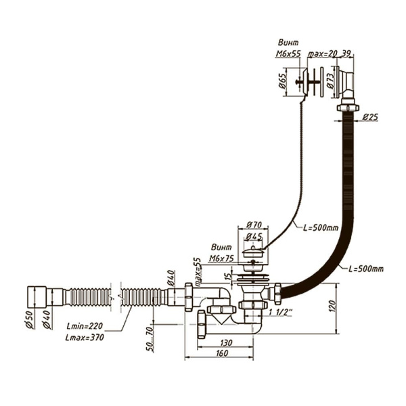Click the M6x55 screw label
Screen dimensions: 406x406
pyautogui.click(x=289, y=53)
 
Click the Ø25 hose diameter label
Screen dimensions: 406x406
pyautogui.click(x=370, y=116)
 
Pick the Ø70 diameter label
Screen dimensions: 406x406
pyautogui.click(x=254, y=224)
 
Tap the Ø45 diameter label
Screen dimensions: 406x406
pyautogui.click(x=255, y=236)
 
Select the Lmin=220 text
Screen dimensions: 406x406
pyautogui.click(x=83, y=325)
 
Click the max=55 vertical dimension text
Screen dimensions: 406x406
pyautogui.click(x=198, y=272)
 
